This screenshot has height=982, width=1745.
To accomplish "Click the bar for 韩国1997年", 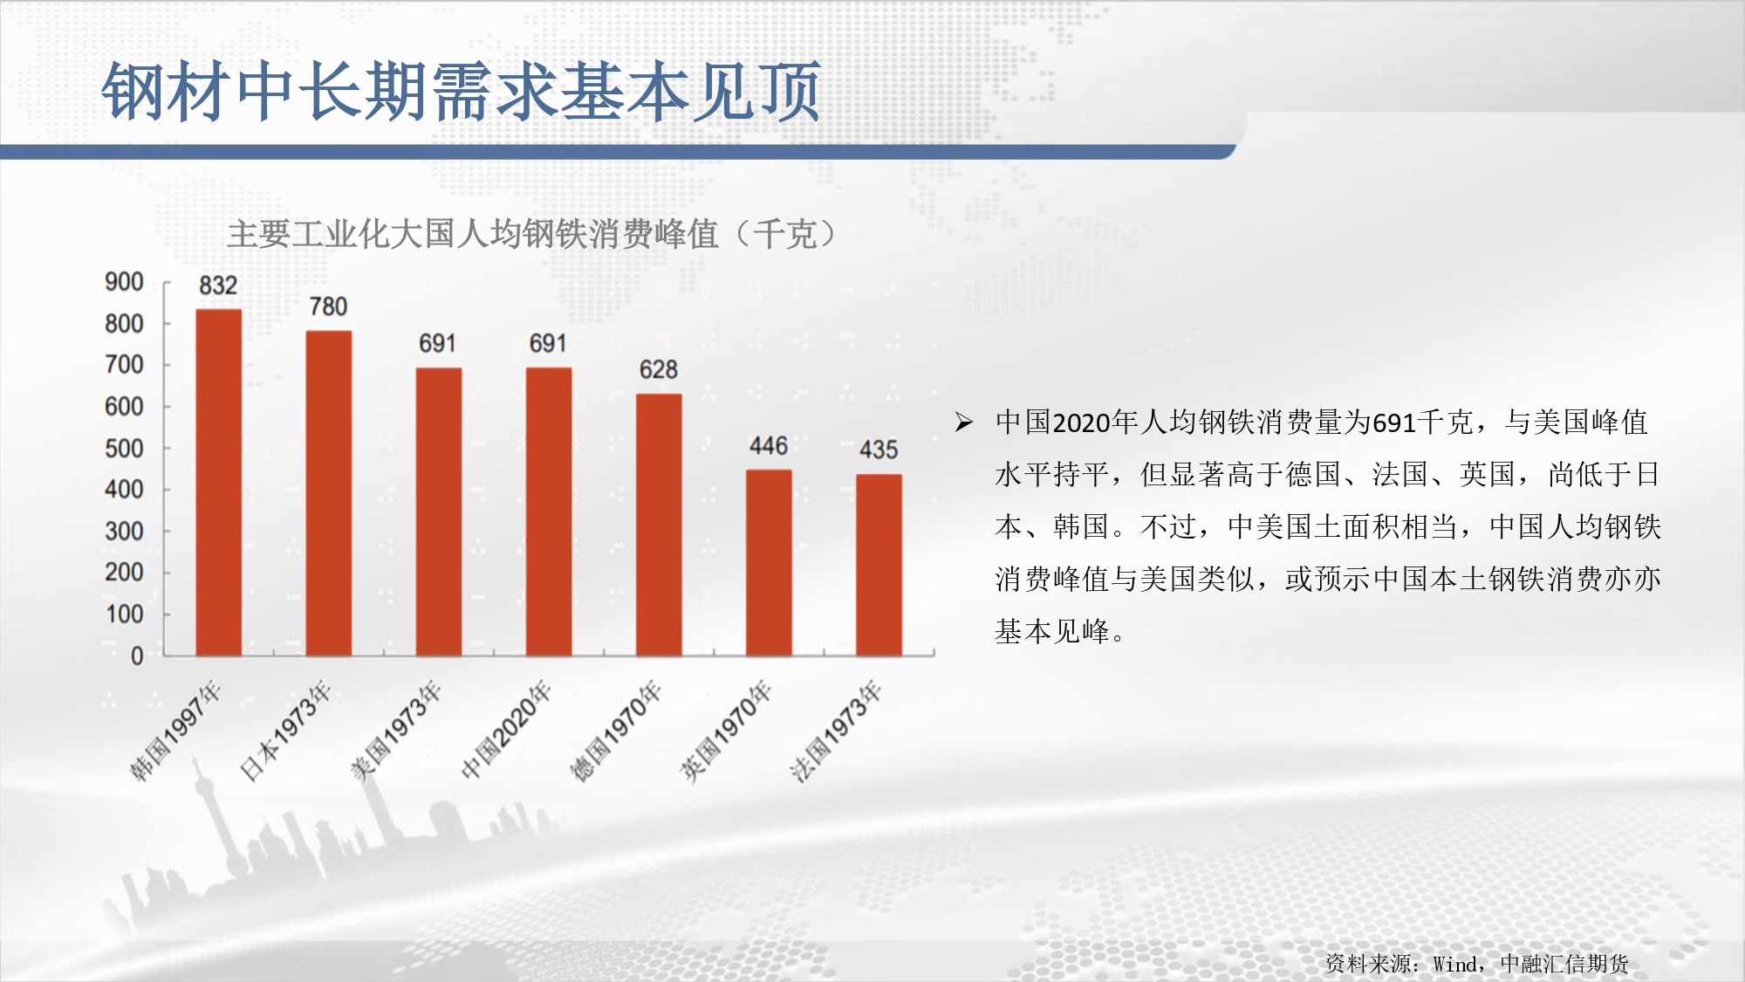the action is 218,482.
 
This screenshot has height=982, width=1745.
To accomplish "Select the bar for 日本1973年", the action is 329,493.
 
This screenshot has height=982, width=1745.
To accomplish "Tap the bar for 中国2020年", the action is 549,512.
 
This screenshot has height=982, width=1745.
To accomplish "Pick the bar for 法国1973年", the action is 879,565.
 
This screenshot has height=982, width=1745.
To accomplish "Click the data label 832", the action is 218,285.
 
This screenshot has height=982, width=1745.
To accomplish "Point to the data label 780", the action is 328,306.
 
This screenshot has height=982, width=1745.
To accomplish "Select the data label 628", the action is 659,369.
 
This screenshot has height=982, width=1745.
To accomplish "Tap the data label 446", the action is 769,446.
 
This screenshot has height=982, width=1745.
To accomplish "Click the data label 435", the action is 879,450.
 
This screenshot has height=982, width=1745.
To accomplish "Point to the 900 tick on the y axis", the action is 124,282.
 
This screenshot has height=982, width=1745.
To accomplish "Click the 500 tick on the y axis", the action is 124,449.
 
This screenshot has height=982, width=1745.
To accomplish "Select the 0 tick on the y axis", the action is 137,656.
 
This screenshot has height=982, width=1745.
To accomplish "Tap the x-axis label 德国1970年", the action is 616,731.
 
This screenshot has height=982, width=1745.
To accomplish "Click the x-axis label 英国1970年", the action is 726,731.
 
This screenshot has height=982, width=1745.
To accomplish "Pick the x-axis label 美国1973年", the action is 396,731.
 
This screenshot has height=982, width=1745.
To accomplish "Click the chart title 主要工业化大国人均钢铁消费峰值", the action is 473,234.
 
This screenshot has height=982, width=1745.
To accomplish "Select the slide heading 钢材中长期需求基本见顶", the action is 462,91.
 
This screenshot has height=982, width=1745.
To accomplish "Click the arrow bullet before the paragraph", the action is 963,422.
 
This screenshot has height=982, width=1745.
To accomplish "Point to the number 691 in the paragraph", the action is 1394,423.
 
